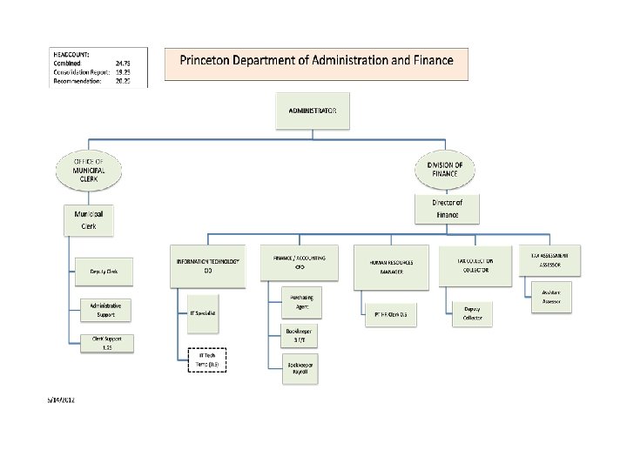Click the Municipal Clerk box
tap(89, 219)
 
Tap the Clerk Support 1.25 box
tap(104, 343)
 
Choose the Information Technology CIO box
tap(207, 266)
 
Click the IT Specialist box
tap(207, 312)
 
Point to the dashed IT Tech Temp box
tap(207, 360)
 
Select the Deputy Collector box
tap(473, 313)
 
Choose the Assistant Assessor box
tap(551, 297)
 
